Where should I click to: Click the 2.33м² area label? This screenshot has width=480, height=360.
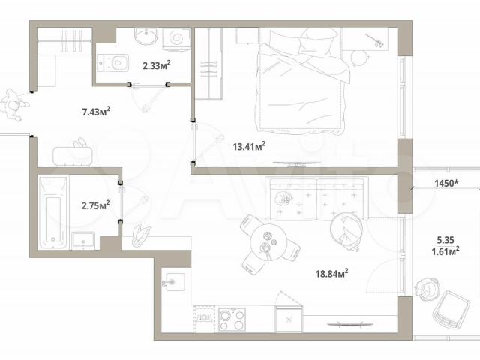[x=157, y=65]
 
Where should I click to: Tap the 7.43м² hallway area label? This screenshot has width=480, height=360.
[x=96, y=111]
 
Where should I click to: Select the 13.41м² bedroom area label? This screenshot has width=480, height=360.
[x=249, y=146]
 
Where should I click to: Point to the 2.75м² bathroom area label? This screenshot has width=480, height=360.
[x=96, y=205]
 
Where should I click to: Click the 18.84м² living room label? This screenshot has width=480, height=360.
[x=331, y=273]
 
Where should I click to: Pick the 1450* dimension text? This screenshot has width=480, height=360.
[x=447, y=183]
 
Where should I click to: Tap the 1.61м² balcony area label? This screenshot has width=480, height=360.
[x=445, y=251]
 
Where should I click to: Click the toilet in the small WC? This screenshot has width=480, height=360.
[x=113, y=63]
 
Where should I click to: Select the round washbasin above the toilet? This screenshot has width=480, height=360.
[x=146, y=36]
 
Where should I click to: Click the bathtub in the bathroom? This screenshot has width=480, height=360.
[x=53, y=212]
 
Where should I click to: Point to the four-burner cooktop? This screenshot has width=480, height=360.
[x=232, y=319]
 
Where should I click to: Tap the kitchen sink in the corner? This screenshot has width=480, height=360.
[x=173, y=281]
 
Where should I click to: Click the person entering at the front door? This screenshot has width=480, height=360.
[x=13, y=105]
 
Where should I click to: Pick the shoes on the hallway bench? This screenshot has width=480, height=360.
[x=80, y=142]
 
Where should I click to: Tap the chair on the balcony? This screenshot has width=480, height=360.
[x=451, y=310]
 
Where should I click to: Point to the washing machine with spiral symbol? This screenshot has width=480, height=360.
[x=176, y=38]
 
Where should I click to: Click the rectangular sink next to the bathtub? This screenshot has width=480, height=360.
[x=83, y=240]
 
